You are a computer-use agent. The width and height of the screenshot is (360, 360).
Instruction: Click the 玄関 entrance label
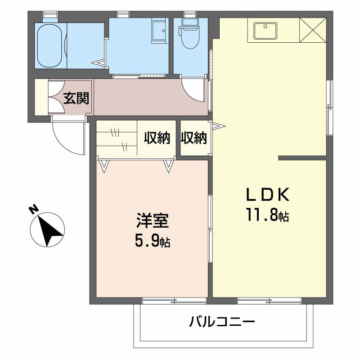click(x=76, y=98)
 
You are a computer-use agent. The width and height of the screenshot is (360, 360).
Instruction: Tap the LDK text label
click(x=267, y=194)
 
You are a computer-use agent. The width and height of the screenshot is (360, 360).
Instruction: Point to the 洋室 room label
click(x=153, y=222)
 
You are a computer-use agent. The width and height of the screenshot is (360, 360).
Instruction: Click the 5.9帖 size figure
click(x=153, y=242)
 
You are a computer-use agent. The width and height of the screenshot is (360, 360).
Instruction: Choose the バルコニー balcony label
click(x=222, y=322)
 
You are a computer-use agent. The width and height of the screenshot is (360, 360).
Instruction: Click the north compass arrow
click(x=48, y=229)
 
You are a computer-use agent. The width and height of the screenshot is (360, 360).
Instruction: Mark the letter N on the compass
click(x=33, y=210)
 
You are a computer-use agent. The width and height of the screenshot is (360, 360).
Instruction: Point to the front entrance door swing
click(x=67, y=137)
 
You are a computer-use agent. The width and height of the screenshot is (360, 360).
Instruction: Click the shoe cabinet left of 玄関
click(x=41, y=97)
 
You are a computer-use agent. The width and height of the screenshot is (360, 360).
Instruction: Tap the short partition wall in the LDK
click(x=302, y=158)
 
